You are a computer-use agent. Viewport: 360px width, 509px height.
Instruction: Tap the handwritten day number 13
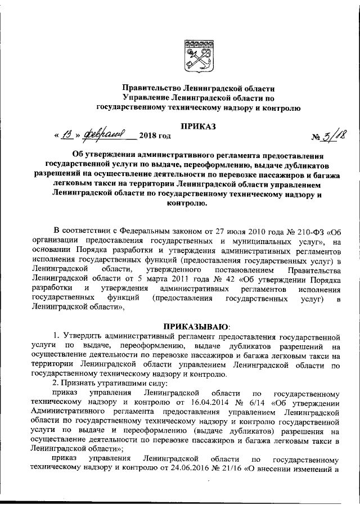(x=67, y=135)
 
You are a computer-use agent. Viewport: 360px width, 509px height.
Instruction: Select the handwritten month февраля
(x=103, y=135)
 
